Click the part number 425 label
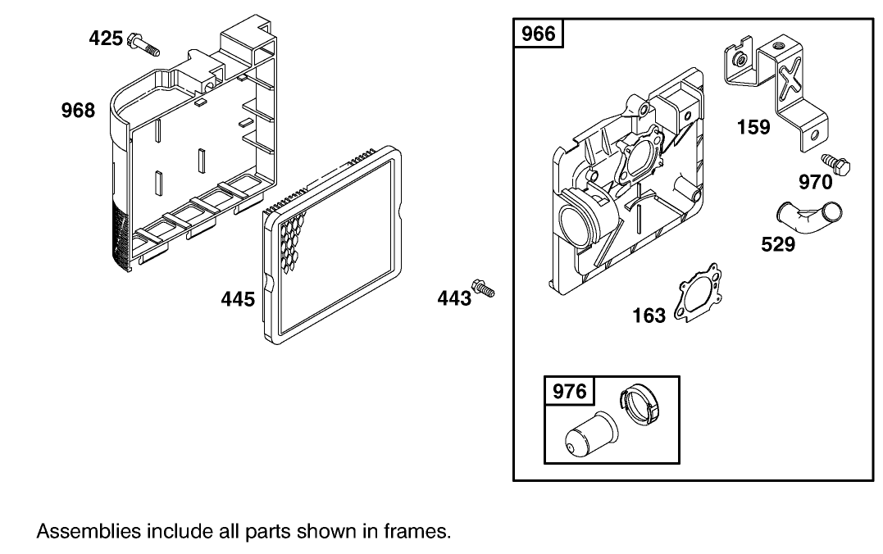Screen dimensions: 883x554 [106, 39]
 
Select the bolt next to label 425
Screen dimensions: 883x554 [143, 44]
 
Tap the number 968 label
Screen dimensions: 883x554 [78, 111]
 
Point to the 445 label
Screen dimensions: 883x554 [238, 299]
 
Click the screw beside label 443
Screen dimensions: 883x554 [483, 288]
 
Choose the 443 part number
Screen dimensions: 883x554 [454, 297]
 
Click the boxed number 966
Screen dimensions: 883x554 [539, 34]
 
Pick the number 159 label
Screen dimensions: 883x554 [753, 127]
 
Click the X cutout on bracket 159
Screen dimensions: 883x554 [791, 78]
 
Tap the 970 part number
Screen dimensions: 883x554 [816, 182]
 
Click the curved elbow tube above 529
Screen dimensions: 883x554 [808, 219]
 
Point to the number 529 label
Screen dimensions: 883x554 [778, 244]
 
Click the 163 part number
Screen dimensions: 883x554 [649, 316]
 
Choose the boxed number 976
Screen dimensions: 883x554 [569, 391]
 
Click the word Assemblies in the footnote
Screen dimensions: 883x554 [89, 532]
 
